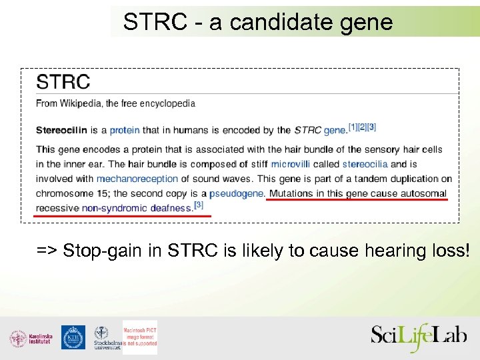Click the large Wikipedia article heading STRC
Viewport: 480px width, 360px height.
pyautogui.click(x=63, y=82)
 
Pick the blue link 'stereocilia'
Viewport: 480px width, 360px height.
pyautogui.click(x=365, y=164)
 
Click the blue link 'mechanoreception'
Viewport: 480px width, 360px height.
pyautogui.click(x=137, y=179)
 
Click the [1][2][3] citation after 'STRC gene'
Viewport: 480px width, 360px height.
pyautogui.click(x=363, y=127)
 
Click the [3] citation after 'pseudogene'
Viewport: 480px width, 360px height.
pyautogui.click(x=198, y=205)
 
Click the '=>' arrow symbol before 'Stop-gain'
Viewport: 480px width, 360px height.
pyautogui.click(x=47, y=251)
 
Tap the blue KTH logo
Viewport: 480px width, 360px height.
pyautogui.click(x=73, y=337)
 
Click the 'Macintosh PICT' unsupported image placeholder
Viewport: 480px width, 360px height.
pyautogui.click(x=140, y=335)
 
